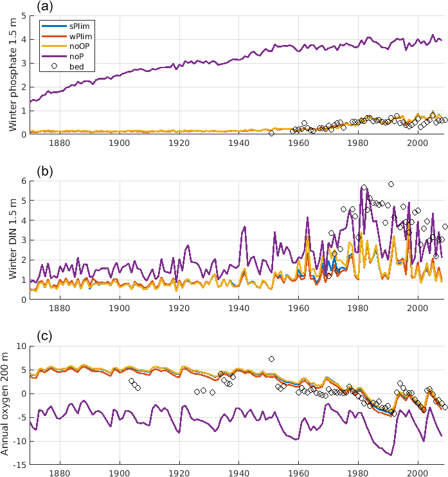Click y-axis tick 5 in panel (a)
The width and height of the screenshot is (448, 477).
23,15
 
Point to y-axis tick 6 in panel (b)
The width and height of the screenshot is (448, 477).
23,181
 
